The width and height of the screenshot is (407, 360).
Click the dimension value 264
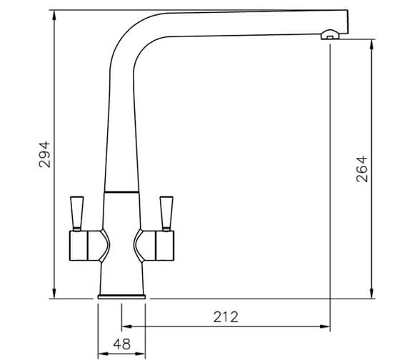click(361, 169)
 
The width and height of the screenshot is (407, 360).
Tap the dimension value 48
click(122, 344)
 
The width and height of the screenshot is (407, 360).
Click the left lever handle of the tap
click(76, 212)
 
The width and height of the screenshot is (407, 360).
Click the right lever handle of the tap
click(167, 212)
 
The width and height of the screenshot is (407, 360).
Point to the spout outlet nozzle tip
click(328, 33)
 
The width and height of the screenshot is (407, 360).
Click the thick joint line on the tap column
click(121, 192)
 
